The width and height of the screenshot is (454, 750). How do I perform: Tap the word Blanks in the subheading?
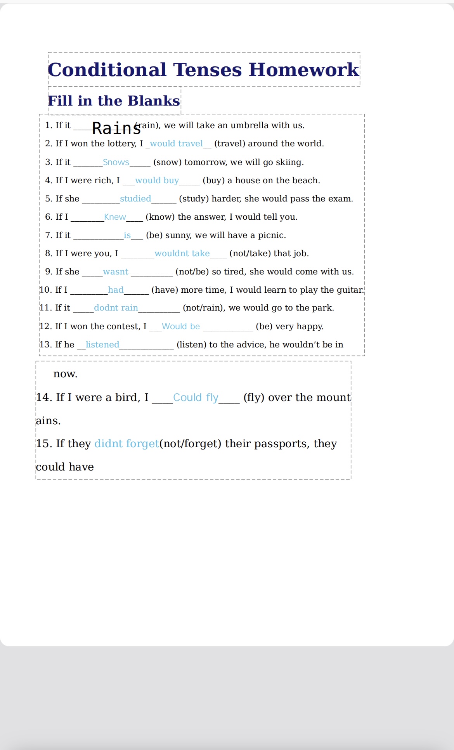click(154, 101)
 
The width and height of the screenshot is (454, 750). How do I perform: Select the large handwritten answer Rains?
click(116, 128)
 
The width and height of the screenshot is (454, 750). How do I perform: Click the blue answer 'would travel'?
click(176, 144)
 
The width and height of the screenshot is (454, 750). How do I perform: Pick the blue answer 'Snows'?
click(116, 162)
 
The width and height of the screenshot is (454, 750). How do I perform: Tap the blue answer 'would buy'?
click(157, 181)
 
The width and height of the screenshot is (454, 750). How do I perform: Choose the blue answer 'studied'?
click(135, 199)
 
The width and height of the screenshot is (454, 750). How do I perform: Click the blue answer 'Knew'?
click(115, 217)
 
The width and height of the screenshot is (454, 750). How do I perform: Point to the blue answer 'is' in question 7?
click(127, 235)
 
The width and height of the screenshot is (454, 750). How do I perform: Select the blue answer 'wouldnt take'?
click(182, 253)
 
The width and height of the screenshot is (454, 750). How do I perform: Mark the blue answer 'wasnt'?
click(116, 272)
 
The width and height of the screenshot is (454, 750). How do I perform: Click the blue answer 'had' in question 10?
click(116, 290)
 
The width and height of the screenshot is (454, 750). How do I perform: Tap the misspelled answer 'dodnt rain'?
click(116, 308)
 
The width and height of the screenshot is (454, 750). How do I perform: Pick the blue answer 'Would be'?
click(181, 326)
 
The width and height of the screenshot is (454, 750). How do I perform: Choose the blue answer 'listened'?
click(102, 345)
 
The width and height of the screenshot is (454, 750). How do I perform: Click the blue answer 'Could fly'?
click(196, 398)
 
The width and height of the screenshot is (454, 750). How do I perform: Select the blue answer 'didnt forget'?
click(126, 444)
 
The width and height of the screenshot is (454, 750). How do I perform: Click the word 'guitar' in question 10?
click(352, 290)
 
